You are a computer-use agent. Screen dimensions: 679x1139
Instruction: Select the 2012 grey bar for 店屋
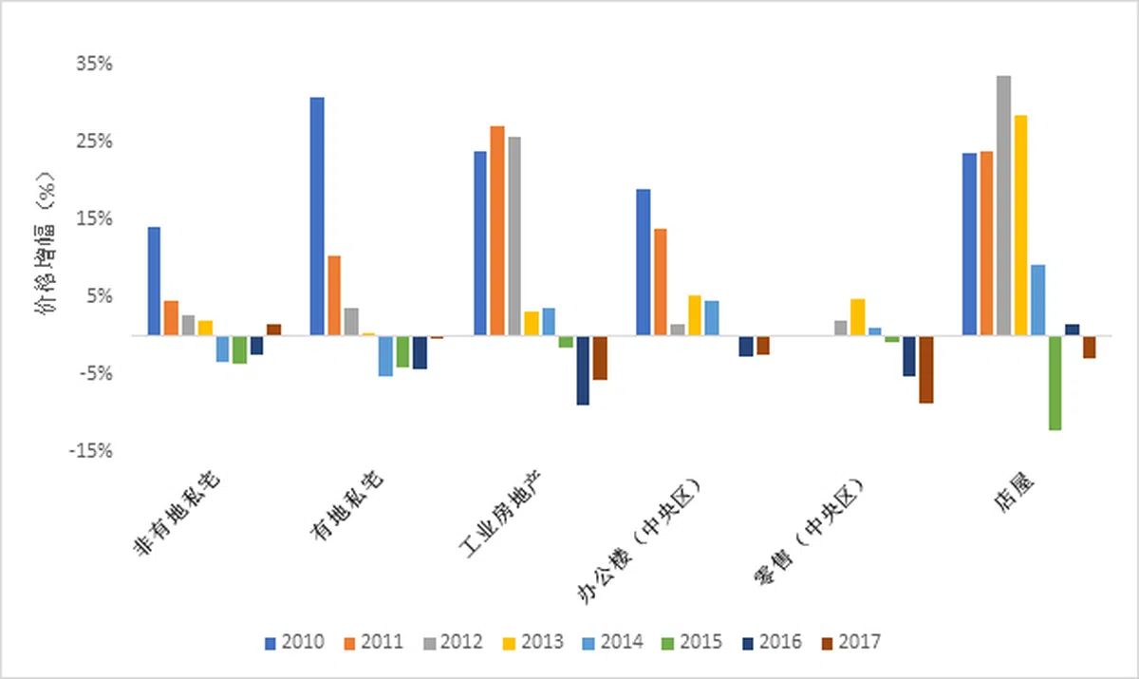pos(1003,205)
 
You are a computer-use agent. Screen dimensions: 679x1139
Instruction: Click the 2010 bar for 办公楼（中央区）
pos(644,262)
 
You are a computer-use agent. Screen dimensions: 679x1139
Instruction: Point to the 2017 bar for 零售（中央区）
pos(925,369)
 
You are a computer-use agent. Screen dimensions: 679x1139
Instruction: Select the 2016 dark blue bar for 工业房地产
pos(583,370)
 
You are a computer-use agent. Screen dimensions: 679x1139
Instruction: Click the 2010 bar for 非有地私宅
pos(154,281)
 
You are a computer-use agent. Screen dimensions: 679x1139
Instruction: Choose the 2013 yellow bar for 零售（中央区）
pos(857,317)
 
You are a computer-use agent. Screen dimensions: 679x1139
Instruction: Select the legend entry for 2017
pos(850,643)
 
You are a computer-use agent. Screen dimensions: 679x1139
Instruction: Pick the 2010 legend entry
pos(295,643)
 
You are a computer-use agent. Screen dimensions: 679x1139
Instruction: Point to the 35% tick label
pos(95,65)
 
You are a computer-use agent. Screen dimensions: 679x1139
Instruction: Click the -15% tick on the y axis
pos(91,450)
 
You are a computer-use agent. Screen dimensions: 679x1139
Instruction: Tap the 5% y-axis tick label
pos(100,296)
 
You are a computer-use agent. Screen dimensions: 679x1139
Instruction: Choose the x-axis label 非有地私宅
pos(180,522)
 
